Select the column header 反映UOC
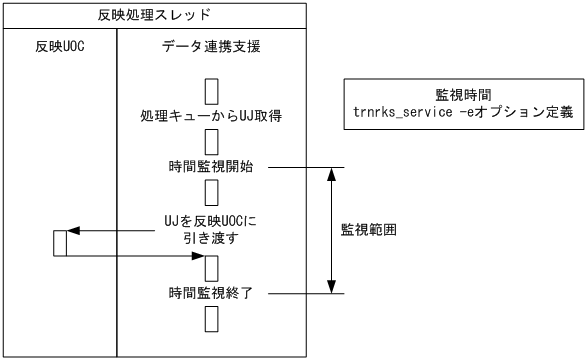[59, 49]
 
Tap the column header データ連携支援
[212, 49]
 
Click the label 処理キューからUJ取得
[211, 117]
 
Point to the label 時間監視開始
[211, 166]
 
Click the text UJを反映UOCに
[211, 222]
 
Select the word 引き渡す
[211, 240]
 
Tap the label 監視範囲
[369, 228]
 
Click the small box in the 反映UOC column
[59, 243]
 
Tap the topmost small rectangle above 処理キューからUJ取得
[211, 91]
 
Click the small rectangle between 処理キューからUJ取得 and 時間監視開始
[211, 140]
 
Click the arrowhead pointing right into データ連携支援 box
[197, 256]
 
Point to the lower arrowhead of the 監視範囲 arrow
[330, 286]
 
